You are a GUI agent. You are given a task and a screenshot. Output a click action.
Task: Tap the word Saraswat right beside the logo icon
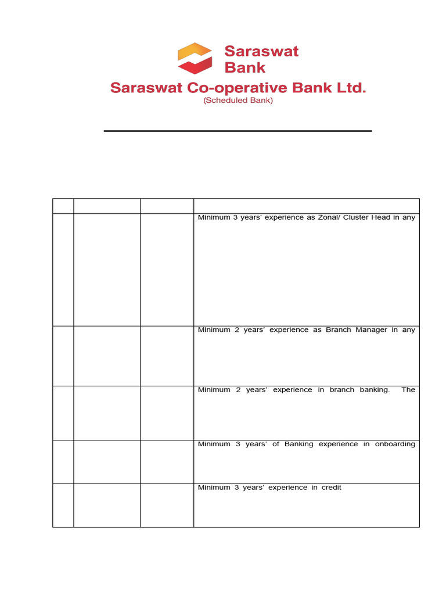pyautogui.click(x=261, y=51)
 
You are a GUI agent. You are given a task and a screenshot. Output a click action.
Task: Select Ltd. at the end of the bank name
pyautogui.click(x=351, y=88)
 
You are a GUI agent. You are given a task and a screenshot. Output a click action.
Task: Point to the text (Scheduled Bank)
pyautogui.click(x=238, y=101)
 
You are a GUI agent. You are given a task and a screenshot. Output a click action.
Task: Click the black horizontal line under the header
pyautogui.click(x=238, y=131)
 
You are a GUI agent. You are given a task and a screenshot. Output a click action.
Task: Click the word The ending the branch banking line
pyautogui.click(x=408, y=390)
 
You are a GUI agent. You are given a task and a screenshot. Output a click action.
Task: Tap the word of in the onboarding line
pyautogui.click(x=276, y=445)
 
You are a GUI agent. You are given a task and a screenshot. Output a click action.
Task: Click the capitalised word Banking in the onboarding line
pyautogui.click(x=299, y=445)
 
